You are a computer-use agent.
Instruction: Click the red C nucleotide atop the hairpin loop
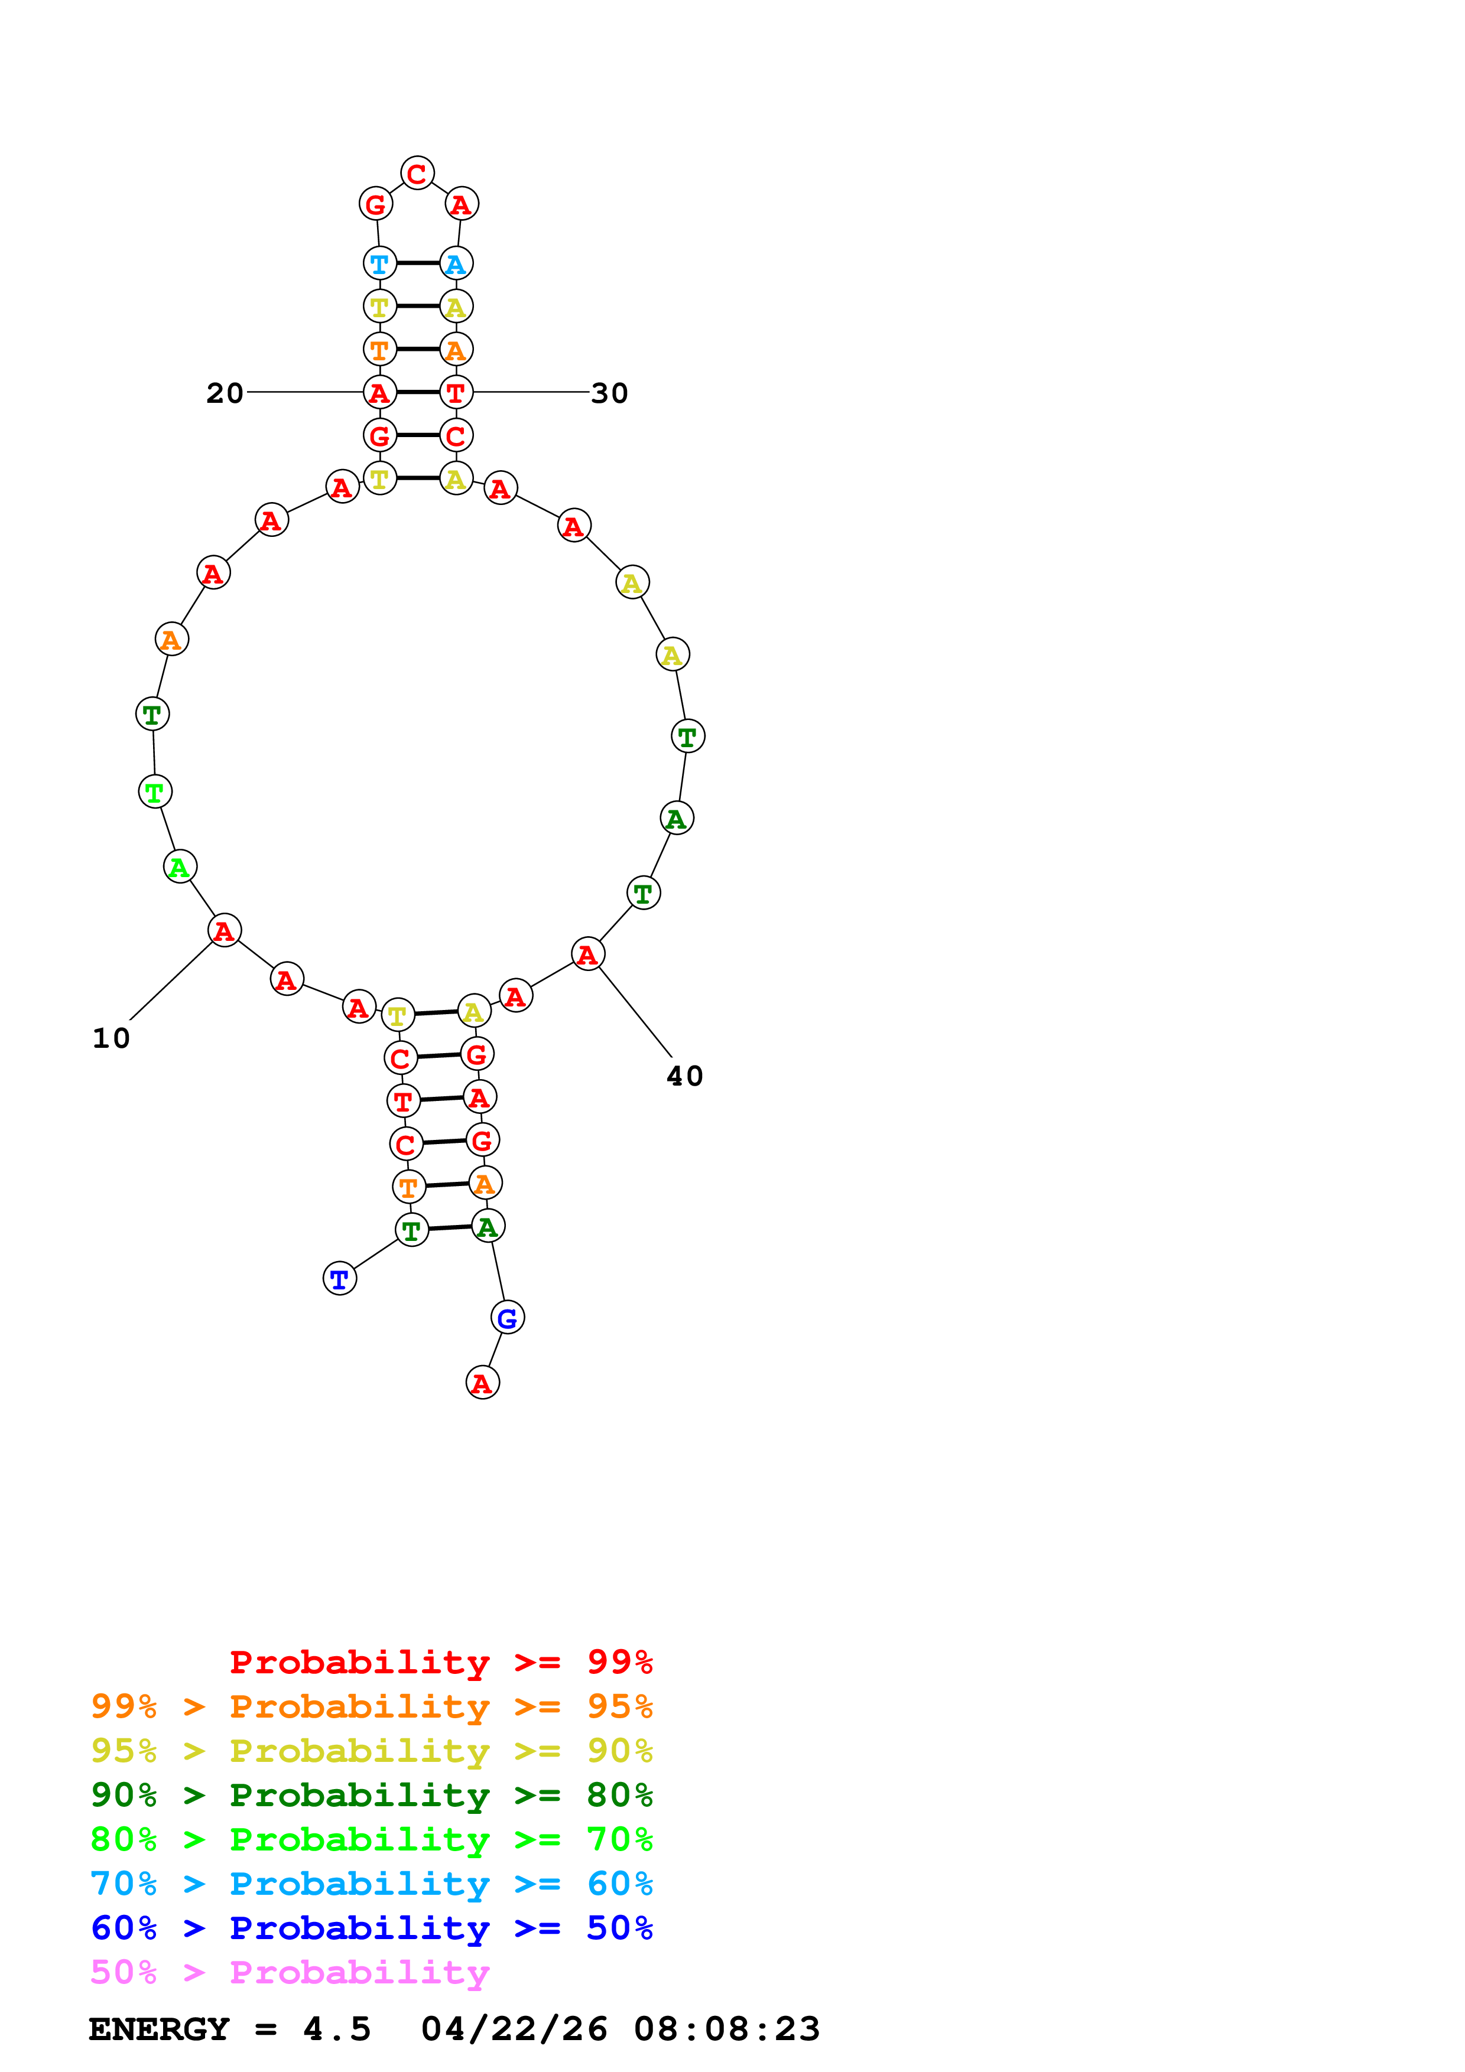417,173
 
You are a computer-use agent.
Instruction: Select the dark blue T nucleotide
339,1279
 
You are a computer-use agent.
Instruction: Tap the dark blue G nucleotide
507,1318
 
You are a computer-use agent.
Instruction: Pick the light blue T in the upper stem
379,263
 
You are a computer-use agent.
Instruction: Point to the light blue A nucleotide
456,263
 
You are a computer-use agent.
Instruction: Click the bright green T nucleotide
154,792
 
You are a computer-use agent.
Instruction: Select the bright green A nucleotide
180,867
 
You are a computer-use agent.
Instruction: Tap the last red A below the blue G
482,1383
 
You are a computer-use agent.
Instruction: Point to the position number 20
225,393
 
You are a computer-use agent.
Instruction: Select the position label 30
609,393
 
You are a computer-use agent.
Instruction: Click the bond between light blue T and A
418,263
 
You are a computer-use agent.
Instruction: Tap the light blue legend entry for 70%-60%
371,1884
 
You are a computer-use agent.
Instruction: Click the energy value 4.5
337,2029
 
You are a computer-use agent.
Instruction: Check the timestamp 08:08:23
727,2029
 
